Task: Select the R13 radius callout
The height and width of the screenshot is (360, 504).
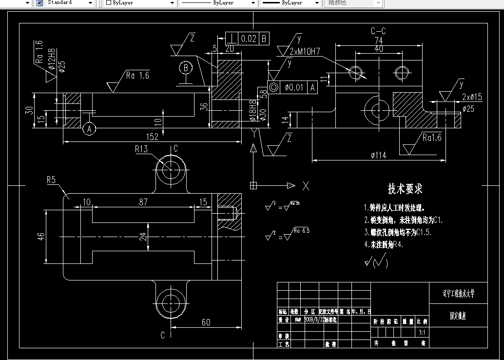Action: tap(141, 149)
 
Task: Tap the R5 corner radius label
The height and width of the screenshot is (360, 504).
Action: tap(52, 180)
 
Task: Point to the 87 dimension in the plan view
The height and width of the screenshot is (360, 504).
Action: tap(143, 201)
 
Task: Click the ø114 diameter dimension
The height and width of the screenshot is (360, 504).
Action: tap(378, 155)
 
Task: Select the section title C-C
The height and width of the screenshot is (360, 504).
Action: tap(379, 31)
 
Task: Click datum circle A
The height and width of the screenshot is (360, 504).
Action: tap(88, 129)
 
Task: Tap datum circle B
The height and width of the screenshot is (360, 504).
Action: tap(186, 68)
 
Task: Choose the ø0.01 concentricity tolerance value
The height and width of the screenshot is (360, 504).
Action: tap(294, 87)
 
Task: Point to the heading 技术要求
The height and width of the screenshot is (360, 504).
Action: tap(405, 188)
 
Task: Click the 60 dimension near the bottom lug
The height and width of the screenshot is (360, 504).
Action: tap(206, 322)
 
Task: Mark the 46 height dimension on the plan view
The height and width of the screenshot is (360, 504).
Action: tap(41, 236)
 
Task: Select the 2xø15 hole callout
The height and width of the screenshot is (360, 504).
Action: tap(471, 97)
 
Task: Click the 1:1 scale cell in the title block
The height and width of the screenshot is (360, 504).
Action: tap(422, 332)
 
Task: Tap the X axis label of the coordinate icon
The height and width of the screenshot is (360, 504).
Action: tap(306, 185)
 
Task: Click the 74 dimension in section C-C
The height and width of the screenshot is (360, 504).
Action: tap(379, 40)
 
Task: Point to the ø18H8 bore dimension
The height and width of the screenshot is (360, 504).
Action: tap(252, 111)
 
